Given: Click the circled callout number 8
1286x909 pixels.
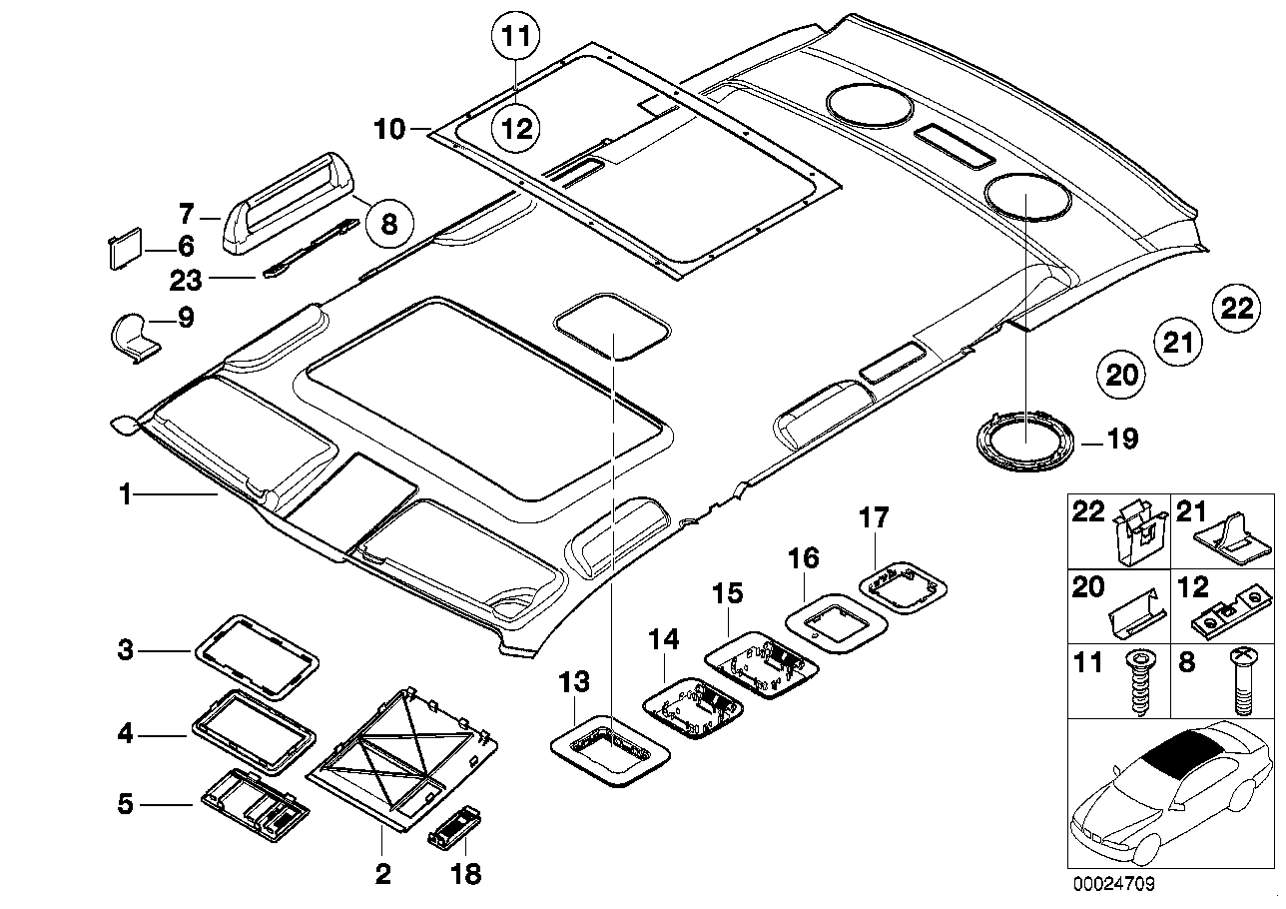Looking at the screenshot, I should tap(388, 222).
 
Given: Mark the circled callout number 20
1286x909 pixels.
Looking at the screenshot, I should tap(1122, 375).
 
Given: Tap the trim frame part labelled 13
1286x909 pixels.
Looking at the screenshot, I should tap(609, 752).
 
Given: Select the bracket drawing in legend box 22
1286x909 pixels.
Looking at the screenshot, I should tap(1138, 534).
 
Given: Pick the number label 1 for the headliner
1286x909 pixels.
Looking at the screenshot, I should tap(125, 493).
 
